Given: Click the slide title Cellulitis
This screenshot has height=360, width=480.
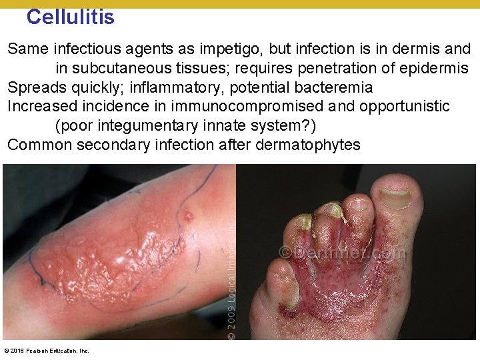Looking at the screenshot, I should point(70,17).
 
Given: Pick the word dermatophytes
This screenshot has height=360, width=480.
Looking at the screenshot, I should point(311,145).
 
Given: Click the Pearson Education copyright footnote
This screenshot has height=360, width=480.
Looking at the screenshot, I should point(47,351).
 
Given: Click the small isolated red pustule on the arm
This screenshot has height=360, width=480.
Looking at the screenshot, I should point(189,216).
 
